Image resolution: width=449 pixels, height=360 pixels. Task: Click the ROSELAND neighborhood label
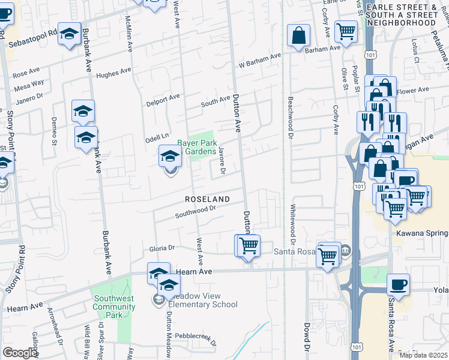(x=207, y=199)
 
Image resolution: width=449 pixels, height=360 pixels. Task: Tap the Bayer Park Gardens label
(x=196, y=147)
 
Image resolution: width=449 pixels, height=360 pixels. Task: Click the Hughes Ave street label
(x=113, y=72)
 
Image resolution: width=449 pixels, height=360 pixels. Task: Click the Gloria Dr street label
(x=161, y=248)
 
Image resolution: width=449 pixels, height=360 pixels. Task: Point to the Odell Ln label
(x=157, y=137)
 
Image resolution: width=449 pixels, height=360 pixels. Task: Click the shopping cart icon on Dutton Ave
(x=248, y=245)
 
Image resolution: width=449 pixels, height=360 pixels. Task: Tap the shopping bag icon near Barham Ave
(x=298, y=35)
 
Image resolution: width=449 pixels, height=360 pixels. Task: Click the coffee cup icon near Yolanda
(x=398, y=284)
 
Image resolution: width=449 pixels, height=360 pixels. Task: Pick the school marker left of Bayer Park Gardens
(x=170, y=156)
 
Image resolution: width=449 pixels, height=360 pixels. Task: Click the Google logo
(x=20, y=353)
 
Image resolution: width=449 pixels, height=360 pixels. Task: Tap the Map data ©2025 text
(x=423, y=355)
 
